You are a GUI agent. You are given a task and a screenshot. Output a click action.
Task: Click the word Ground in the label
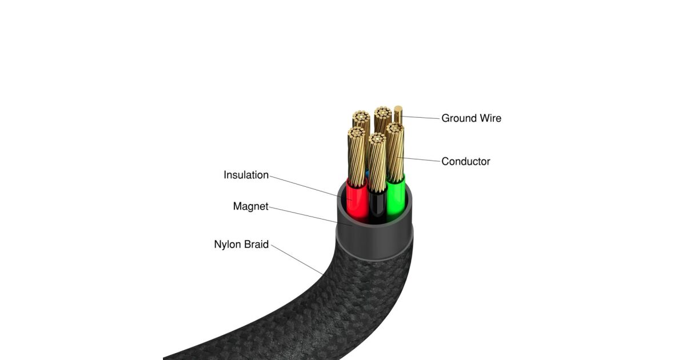457,118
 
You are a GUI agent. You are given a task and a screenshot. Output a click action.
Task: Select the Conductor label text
465,162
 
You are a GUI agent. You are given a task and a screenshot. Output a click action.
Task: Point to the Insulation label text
246,175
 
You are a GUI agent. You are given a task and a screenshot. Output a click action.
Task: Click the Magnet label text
250,206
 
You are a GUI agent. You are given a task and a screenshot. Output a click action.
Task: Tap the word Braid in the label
257,245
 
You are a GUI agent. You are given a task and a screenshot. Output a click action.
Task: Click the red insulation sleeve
358,203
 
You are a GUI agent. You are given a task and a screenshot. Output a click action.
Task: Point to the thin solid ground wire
398,115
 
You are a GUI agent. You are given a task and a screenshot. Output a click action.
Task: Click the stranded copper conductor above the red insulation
356,157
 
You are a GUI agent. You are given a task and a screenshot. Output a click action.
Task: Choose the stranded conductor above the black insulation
376,163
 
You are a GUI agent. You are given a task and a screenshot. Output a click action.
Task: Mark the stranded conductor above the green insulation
395,151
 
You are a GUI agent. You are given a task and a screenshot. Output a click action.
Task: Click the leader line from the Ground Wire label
420,117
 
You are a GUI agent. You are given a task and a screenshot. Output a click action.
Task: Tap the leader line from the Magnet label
303,215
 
